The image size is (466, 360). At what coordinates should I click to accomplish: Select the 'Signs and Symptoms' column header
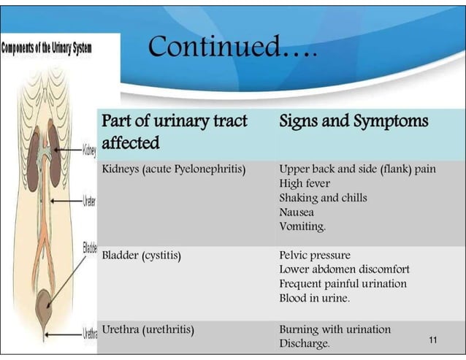[354, 120]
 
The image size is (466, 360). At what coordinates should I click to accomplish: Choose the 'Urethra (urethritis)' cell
[148, 329]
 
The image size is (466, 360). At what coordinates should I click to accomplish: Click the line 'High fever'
[305, 183]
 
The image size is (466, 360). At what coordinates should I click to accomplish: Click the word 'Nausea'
[297, 212]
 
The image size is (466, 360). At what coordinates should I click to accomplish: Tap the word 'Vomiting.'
[302, 226]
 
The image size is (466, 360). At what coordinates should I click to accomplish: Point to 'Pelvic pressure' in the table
[315, 256]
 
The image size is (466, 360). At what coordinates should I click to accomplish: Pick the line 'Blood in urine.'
[314, 298]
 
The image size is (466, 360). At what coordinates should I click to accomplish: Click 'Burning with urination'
[335, 329]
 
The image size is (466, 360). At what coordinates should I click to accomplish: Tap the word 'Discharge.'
[305, 342]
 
